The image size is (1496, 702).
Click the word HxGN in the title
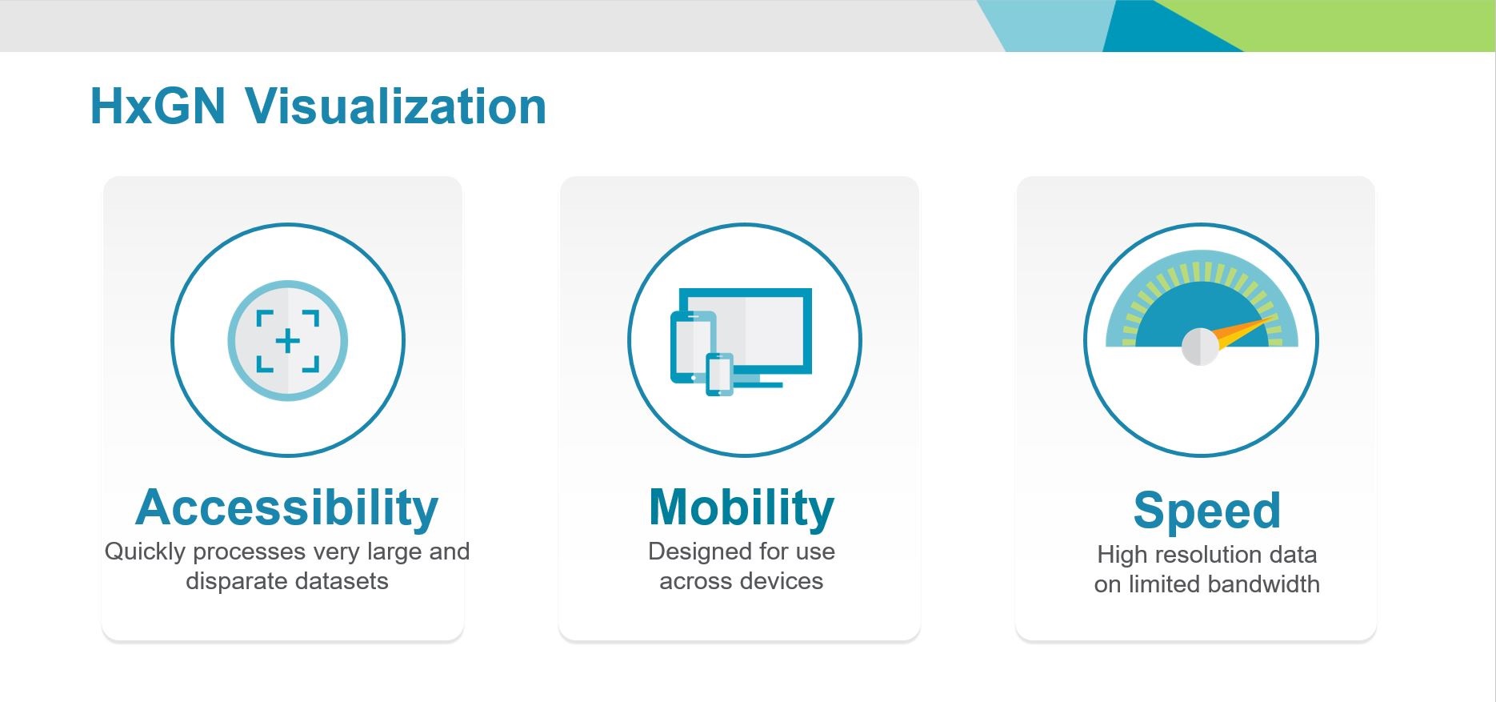point(158,106)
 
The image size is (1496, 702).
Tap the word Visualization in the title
point(396,106)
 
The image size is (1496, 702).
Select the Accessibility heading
point(287,508)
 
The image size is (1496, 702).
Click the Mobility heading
point(742,508)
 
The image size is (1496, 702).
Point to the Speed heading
point(1207,511)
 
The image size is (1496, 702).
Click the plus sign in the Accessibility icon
point(288,341)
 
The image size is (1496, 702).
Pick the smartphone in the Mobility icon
point(719,374)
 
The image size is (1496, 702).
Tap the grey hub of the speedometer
point(1200,347)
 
